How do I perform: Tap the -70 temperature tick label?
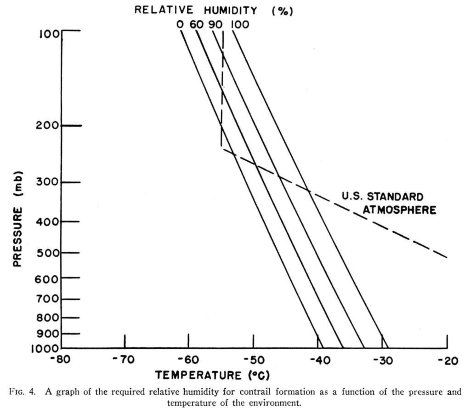tap(124, 360)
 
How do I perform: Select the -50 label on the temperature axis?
tap(252, 360)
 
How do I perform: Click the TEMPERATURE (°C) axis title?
tap(212, 375)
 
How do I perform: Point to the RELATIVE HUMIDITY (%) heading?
tap(214, 11)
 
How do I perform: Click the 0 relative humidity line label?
tap(180, 24)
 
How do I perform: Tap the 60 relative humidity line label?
tap(196, 24)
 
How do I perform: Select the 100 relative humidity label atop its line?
tap(239, 24)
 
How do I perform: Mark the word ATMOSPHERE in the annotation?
tap(399, 210)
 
